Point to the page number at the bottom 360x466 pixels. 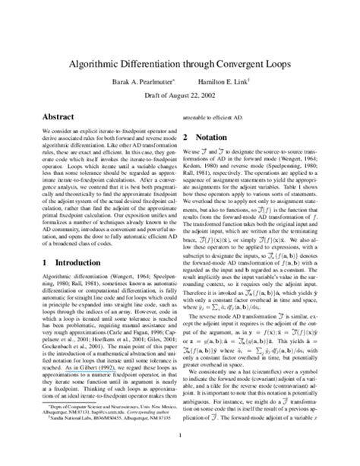(180, 436)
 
